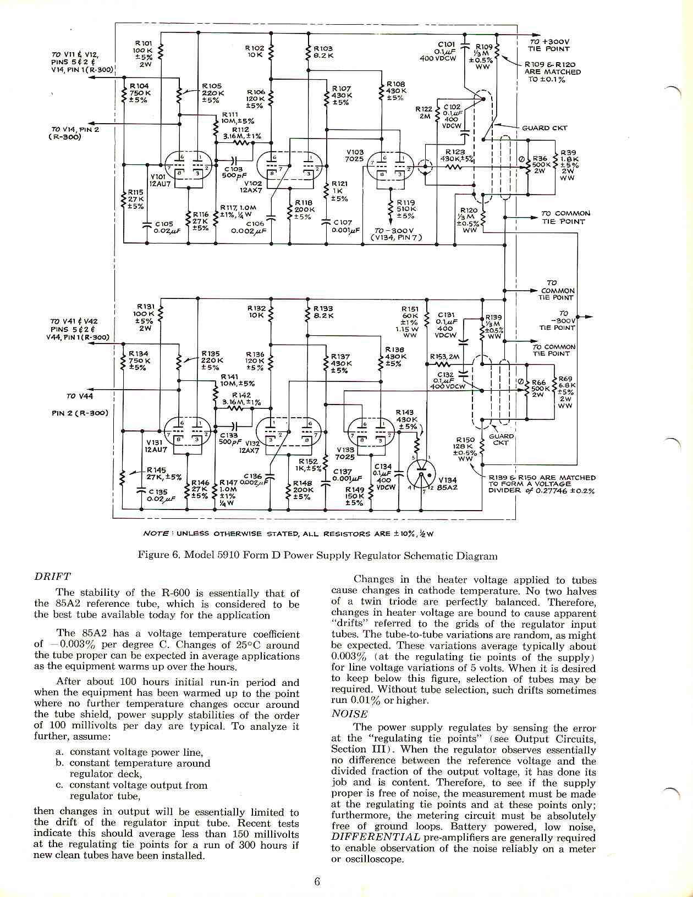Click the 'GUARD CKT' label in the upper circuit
pos(544,128)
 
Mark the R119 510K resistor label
pos(406,209)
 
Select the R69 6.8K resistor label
pos(565,392)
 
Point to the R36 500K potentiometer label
pos(540,164)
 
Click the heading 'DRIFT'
pos(52,577)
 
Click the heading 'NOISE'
pos(350,714)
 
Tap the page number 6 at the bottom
pos(317,882)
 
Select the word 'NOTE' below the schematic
pos(155,533)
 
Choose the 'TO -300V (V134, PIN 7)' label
pos(397,234)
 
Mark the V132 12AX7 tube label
pos(249,446)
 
